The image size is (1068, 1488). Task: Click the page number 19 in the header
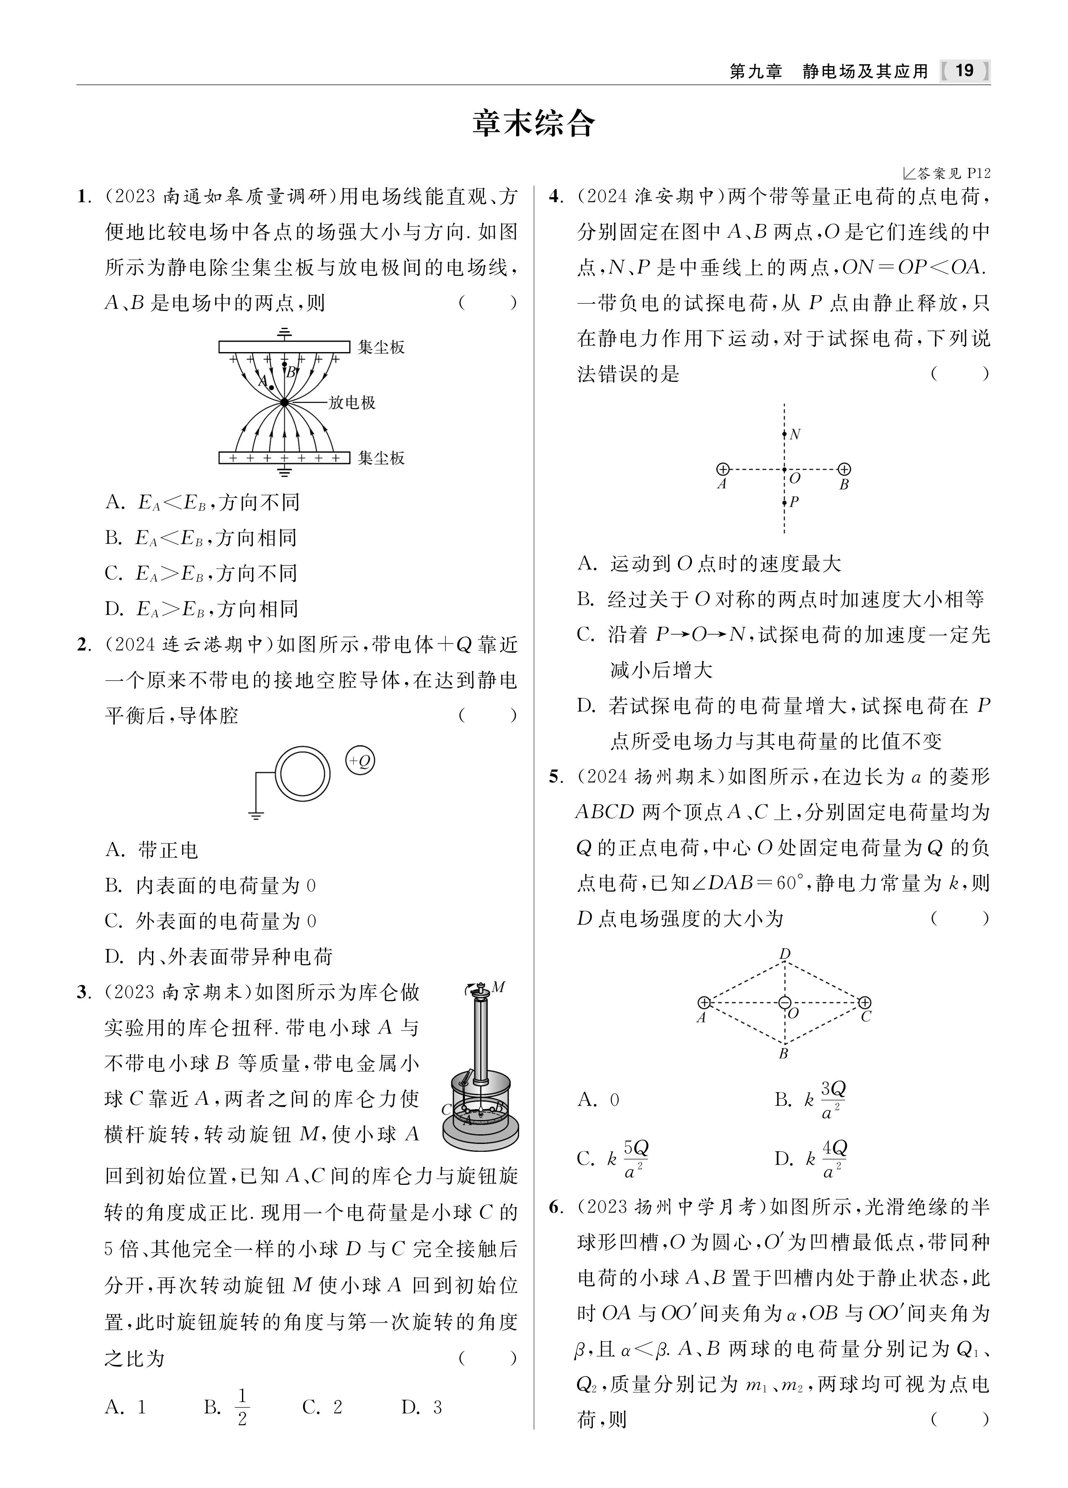964,71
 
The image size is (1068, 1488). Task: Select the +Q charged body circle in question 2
360,761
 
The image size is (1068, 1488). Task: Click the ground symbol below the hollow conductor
256,816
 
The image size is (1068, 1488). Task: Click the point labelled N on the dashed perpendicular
785,434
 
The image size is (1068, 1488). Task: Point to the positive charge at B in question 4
845,469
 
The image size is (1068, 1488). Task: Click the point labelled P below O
785,502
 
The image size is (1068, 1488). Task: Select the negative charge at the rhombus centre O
785,1002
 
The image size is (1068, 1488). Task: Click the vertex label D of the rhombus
785,953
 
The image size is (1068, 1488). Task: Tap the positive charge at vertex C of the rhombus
865,1002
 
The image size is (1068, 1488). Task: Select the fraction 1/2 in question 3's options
242,1407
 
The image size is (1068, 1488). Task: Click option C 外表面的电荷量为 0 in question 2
210,921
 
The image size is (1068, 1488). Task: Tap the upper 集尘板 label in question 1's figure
381,347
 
